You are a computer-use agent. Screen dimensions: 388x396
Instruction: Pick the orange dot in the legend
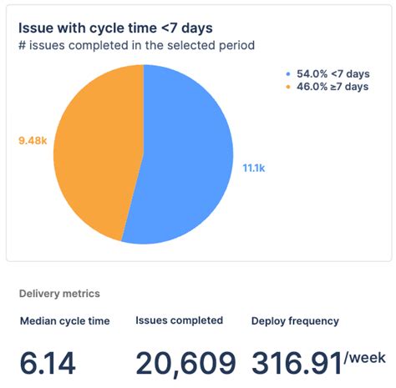click(288, 86)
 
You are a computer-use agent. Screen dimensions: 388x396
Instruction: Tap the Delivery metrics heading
click(59, 294)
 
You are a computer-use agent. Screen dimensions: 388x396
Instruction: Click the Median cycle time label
click(65, 320)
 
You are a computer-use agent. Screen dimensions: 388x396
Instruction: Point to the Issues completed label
click(179, 320)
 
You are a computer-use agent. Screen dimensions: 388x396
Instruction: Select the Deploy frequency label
click(295, 320)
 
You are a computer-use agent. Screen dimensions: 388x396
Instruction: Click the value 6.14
click(48, 364)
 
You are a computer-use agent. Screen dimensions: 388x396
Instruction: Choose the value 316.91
click(296, 364)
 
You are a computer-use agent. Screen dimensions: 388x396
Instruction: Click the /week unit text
click(365, 358)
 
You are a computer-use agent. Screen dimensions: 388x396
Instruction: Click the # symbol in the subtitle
click(23, 45)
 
